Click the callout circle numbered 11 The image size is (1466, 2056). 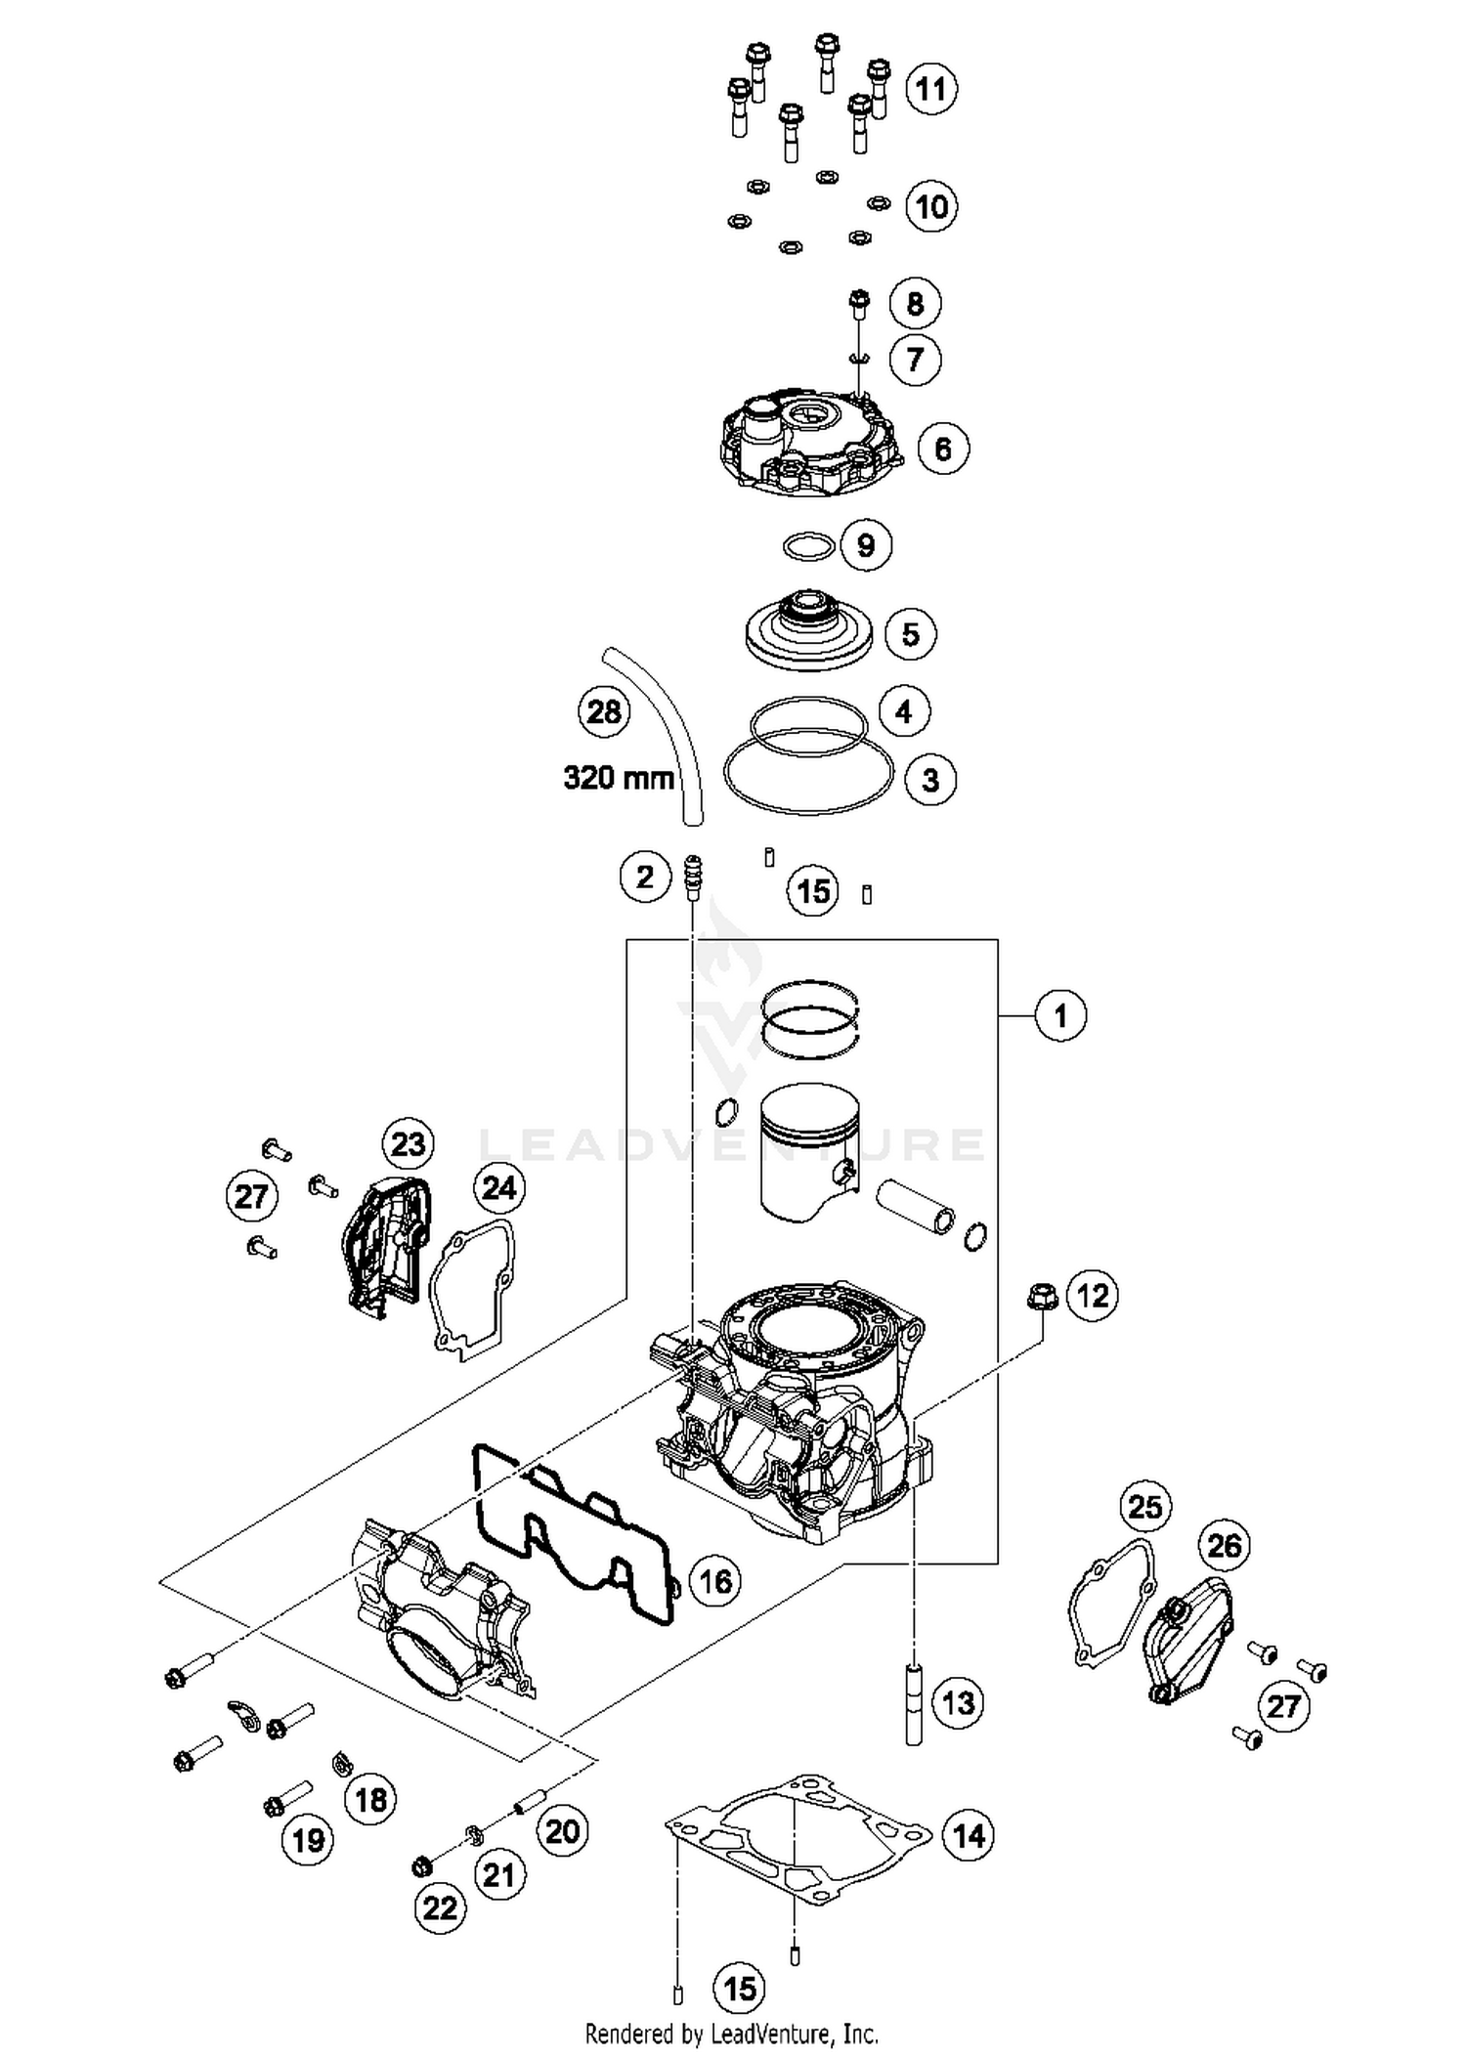(930, 89)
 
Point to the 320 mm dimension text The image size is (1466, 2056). (619, 778)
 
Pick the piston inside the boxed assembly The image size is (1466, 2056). (809, 1153)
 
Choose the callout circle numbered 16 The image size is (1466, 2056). (715, 1580)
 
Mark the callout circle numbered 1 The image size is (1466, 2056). (1060, 1016)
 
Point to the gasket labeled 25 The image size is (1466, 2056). (1109, 1603)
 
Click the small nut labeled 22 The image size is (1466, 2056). (421, 1866)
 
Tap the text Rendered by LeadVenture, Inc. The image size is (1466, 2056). (731, 2035)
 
